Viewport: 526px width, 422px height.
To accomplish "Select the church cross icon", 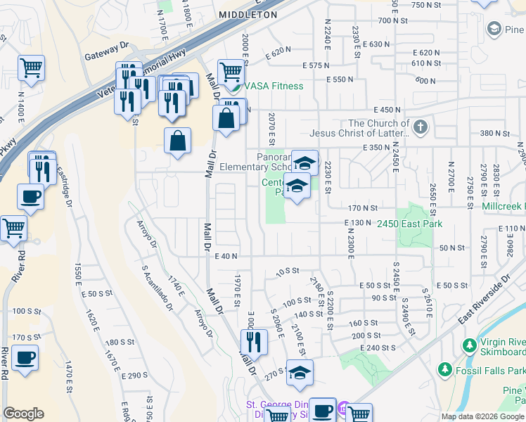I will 421,127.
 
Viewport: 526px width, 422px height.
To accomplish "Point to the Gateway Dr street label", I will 107,44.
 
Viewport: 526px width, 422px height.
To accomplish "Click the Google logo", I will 24,414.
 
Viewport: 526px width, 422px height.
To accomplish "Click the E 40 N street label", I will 226,257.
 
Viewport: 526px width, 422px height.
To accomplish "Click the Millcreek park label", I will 503,207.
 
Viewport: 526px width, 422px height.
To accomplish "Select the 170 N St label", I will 363,208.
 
